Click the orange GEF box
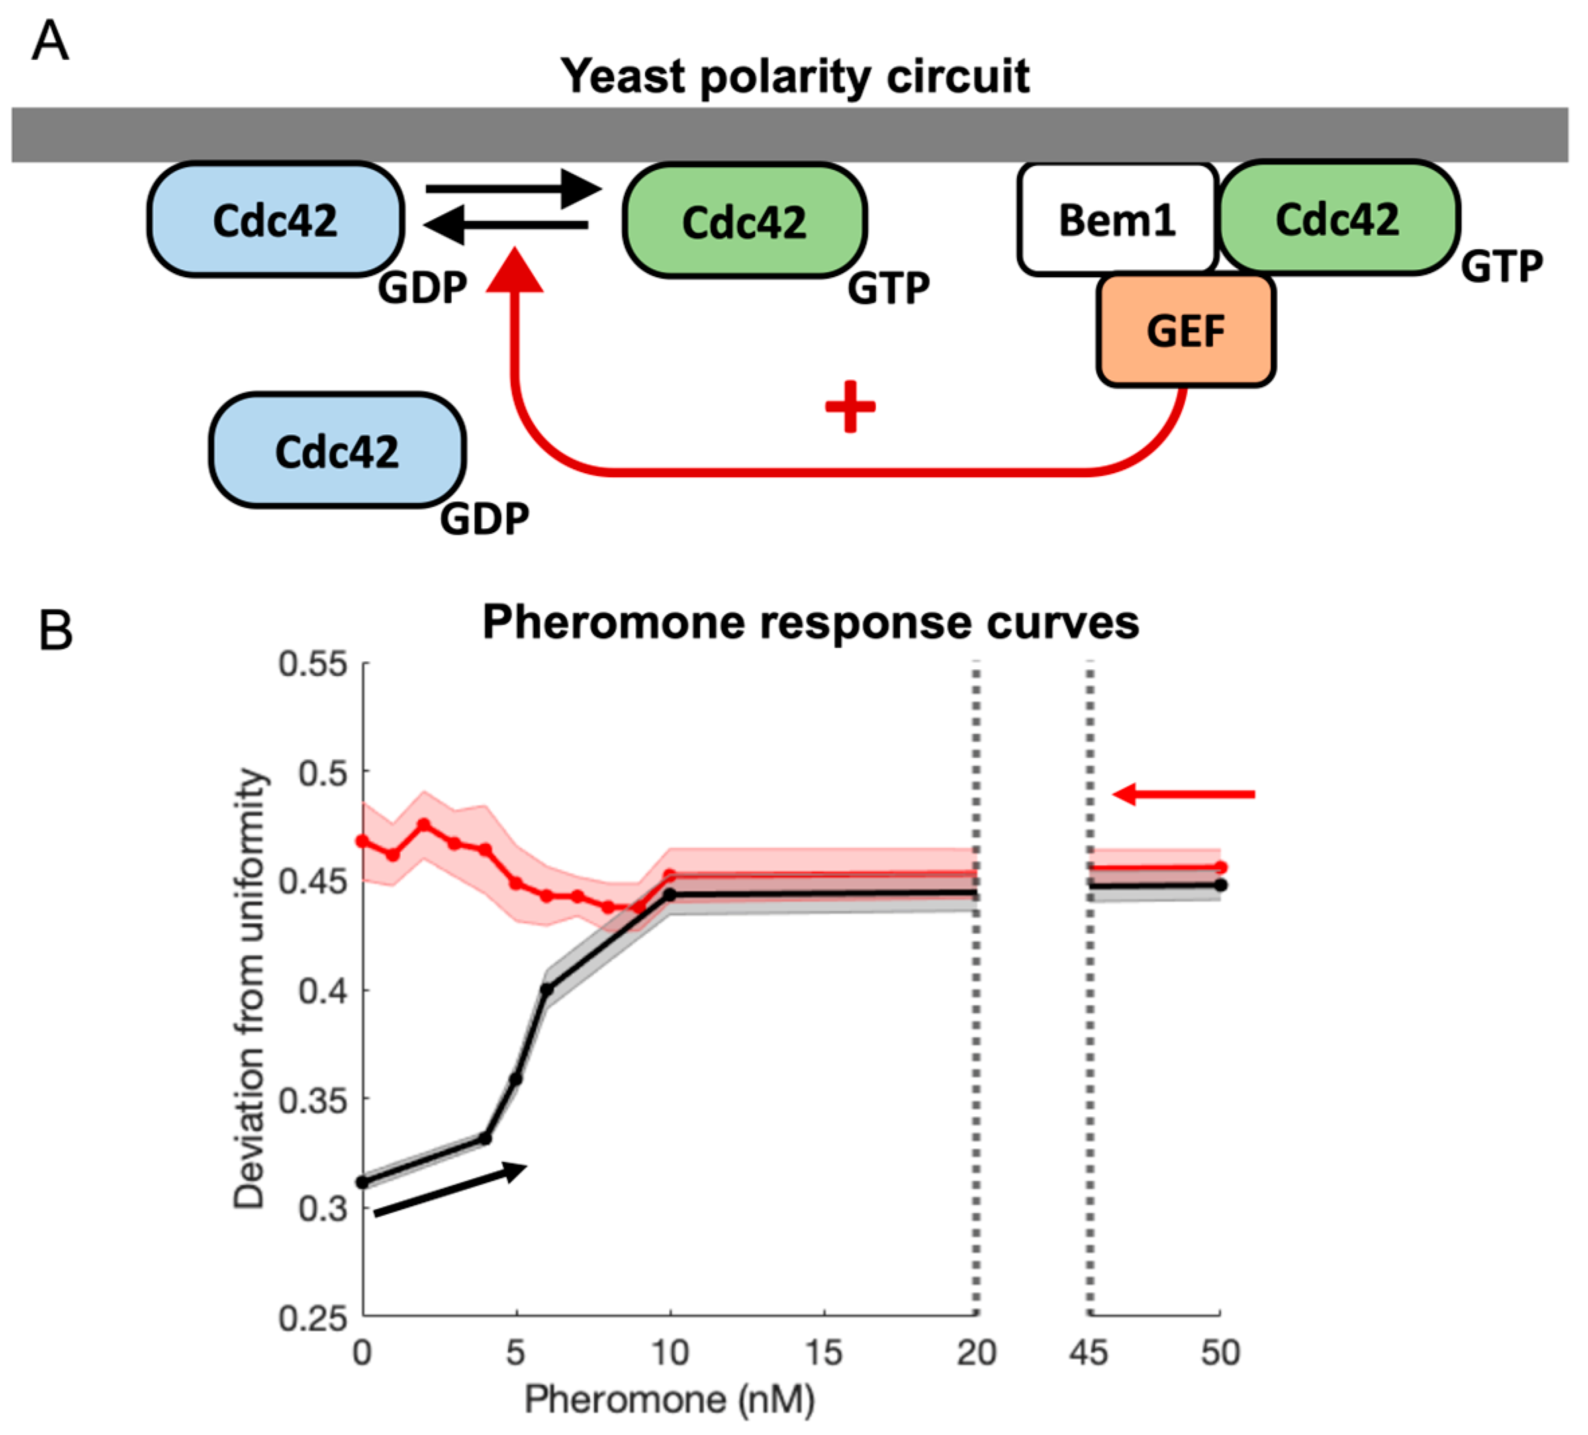pyautogui.click(x=1186, y=330)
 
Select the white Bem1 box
pyautogui.click(x=1117, y=219)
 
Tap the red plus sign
pyautogui.click(x=850, y=406)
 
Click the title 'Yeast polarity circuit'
pyautogui.click(x=794, y=77)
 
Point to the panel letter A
pyautogui.click(x=50, y=41)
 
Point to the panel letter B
pyautogui.click(x=55, y=631)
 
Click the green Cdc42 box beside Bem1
pyautogui.click(x=1338, y=218)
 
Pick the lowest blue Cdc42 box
pyautogui.click(x=337, y=450)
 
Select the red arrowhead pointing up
pyautogui.click(x=515, y=270)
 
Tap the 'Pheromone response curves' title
pyautogui.click(x=810, y=622)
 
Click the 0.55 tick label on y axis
pyautogui.click(x=312, y=664)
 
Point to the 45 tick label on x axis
pyautogui.click(x=1088, y=1353)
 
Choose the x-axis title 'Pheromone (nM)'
pyautogui.click(x=669, y=1399)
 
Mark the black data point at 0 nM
pyautogui.click(x=363, y=1182)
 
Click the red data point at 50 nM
pyautogui.click(x=1220, y=867)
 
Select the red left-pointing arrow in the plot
pyautogui.click(x=1182, y=795)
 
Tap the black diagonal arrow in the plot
pyautogui.click(x=449, y=1190)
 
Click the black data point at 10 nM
pyautogui.click(x=670, y=895)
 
